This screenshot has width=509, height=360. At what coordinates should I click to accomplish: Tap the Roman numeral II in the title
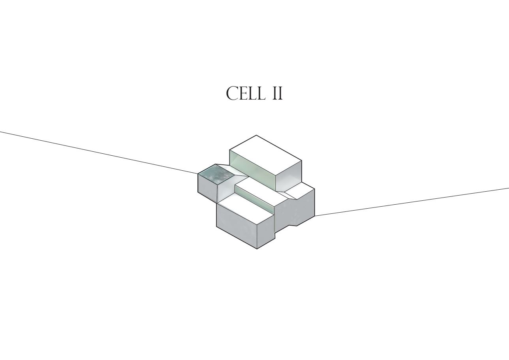(x=278, y=94)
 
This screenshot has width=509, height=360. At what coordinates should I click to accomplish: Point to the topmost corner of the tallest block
(x=256, y=135)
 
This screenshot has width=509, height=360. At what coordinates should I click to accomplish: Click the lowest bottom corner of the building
(x=257, y=249)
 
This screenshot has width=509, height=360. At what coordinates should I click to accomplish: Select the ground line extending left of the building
(x=99, y=152)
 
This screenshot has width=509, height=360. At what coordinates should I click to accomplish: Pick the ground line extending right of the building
(x=411, y=202)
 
